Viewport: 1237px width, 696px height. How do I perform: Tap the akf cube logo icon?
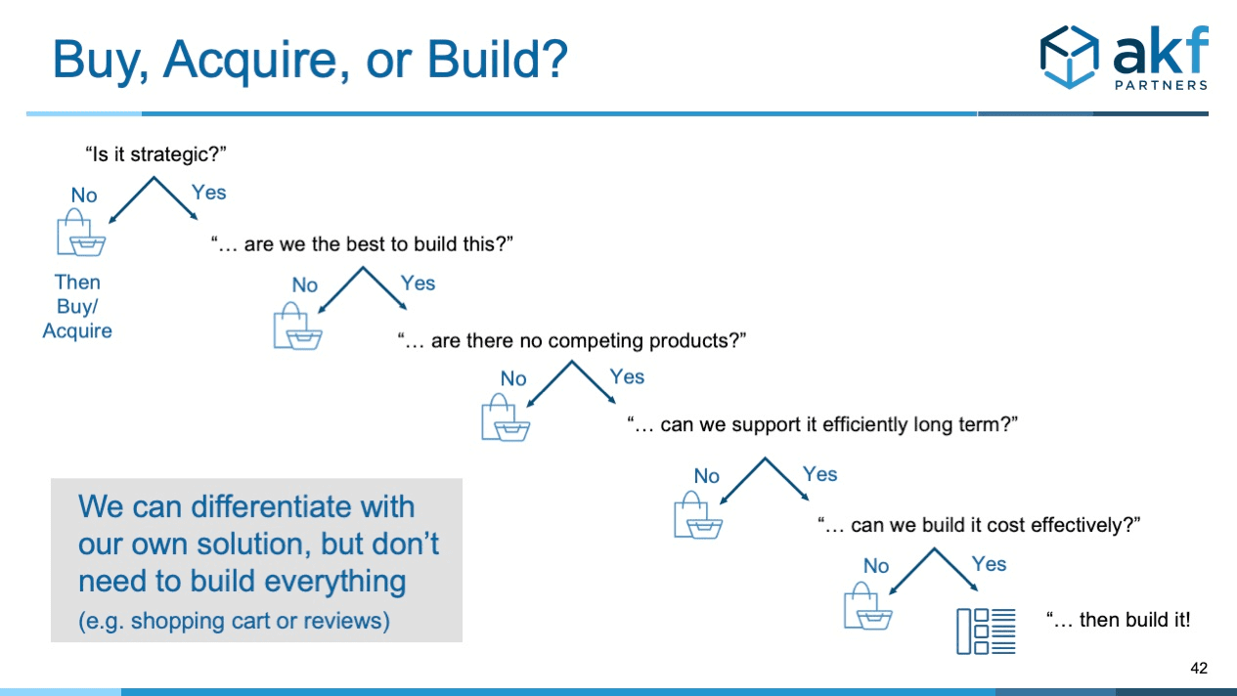tap(1070, 57)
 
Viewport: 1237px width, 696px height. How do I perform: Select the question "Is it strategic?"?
tap(155, 154)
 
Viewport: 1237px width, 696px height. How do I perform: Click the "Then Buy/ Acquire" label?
tap(77, 306)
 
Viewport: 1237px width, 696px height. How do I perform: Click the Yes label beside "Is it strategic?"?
tap(208, 193)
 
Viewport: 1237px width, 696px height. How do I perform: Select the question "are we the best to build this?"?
tap(363, 244)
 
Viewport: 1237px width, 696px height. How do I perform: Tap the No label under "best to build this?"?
tap(304, 285)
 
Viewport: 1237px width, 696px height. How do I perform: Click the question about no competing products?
tap(572, 341)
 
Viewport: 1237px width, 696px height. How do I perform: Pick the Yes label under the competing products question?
tap(627, 376)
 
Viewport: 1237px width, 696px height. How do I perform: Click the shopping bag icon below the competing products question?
tap(505, 418)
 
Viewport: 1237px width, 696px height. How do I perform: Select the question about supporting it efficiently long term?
tap(823, 425)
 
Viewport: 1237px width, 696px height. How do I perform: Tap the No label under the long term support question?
tap(706, 476)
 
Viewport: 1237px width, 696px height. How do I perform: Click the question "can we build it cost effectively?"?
tap(980, 525)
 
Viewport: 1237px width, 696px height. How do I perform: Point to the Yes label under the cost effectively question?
tap(989, 564)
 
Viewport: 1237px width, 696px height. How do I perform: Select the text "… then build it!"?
tap(1118, 620)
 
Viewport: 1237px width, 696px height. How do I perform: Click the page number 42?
tap(1199, 669)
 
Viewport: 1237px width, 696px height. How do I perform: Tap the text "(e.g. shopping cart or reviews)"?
tap(234, 621)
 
